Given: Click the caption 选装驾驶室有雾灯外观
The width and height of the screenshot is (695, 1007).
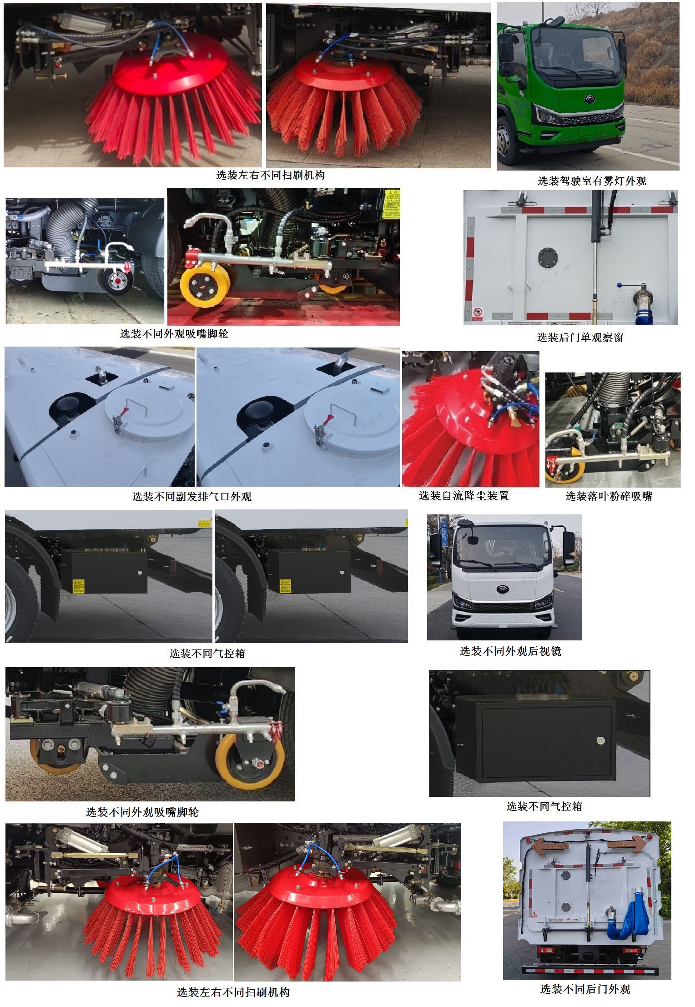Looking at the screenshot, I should pyautogui.click(x=592, y=181).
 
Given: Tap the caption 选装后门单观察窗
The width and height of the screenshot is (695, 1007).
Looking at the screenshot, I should pyautogui.click(x=580, y=337).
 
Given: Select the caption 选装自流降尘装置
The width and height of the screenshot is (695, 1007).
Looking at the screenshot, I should pyautogui.click(x=463, y=496).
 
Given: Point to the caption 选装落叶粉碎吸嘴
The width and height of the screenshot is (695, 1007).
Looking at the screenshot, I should pyautogui.click(x=609, y=496).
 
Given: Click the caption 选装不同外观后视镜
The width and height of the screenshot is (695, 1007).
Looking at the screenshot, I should pyautogui.click(x=510, y=651).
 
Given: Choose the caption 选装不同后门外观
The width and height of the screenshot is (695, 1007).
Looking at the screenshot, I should pyautogui.click(x=585, y=989).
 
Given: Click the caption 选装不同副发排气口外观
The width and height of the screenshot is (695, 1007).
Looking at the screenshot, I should pyautogui.click(x=191, y=497).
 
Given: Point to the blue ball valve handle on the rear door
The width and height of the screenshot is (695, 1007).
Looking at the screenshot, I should pyautogui.click(x=619, y=285).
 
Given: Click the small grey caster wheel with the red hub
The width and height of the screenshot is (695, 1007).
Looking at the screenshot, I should pyautogui.click(x=117, y=282).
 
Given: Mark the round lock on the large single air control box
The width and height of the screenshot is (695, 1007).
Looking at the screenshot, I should pyautogui.click(x=600, y=741).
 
